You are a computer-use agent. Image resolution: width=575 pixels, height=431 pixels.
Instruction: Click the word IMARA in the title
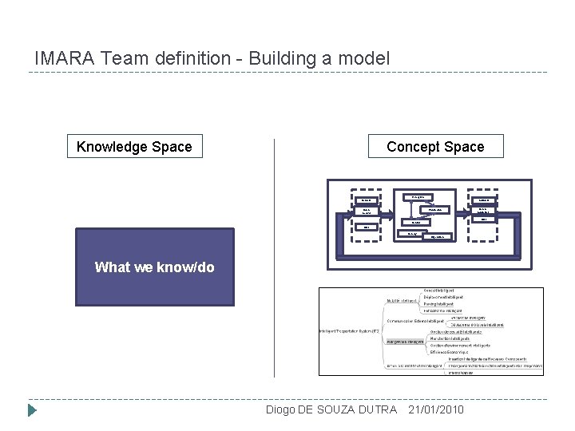pos(55,59)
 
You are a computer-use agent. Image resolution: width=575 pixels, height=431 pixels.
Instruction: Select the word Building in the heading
pos(279,59)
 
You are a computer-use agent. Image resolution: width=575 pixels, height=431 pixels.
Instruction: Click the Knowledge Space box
pos(134,146)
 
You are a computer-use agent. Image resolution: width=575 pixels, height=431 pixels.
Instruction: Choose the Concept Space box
pos(435,146)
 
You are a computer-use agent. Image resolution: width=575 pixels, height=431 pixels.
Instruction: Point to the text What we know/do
pos(154,267)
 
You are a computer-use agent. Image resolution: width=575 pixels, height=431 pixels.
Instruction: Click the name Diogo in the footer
pos(280,409)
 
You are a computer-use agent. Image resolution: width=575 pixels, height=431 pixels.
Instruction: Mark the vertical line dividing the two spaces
pos(275,255)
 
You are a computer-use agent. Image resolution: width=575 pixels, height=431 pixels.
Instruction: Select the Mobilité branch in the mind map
pos(400,300)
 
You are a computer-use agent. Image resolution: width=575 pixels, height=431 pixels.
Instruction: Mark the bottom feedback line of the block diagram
pos(423,252)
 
